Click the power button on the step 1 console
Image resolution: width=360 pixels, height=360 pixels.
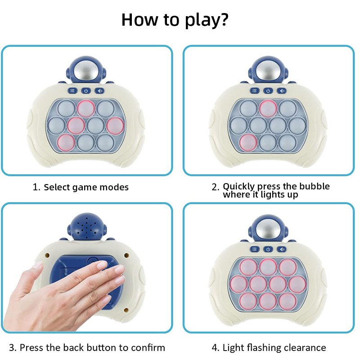(x=86, y=91)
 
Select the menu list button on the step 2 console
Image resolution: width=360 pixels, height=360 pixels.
(x=254, y=91)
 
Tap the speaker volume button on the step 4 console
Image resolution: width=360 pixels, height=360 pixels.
(x=282, y=249)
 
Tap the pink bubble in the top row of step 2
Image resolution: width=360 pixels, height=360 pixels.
(x=268, y=108)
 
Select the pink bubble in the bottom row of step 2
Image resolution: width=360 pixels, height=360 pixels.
(x=248, y=143)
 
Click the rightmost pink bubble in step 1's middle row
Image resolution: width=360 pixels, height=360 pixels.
(x=115, y=126)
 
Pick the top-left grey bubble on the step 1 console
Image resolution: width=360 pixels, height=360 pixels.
(x=66, y=108)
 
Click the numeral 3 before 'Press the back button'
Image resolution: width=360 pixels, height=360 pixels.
(x=12, y=348)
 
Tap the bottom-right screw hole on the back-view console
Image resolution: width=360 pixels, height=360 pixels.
(x=126, y=310)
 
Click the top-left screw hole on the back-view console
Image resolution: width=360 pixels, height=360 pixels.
(x=48, y=255)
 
